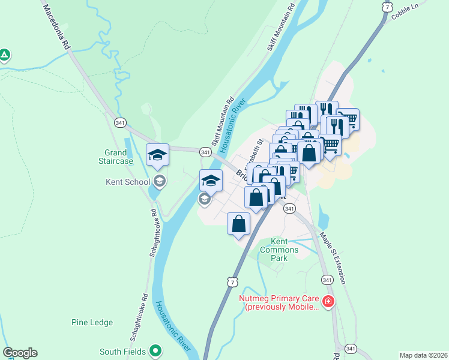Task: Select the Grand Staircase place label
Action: [x=115, y=157]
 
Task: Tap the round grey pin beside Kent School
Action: [x=159, y=181]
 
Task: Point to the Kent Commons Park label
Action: [x=279, y=249]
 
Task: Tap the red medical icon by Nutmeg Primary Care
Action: [x=328, y=301]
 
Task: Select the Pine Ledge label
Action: [x=92, y=322]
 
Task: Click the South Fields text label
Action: [x=122, y=352]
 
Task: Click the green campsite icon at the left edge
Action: [x=4, y=56]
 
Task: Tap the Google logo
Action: [x=19, y=353]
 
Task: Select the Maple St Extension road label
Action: [x=333, y=258]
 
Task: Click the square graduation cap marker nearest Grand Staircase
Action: [x=158, y=155]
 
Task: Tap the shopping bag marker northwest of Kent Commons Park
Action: [x=239, y=224]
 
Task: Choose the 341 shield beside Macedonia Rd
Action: [x=119, y=124]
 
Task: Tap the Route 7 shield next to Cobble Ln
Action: [x=386, y=7]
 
